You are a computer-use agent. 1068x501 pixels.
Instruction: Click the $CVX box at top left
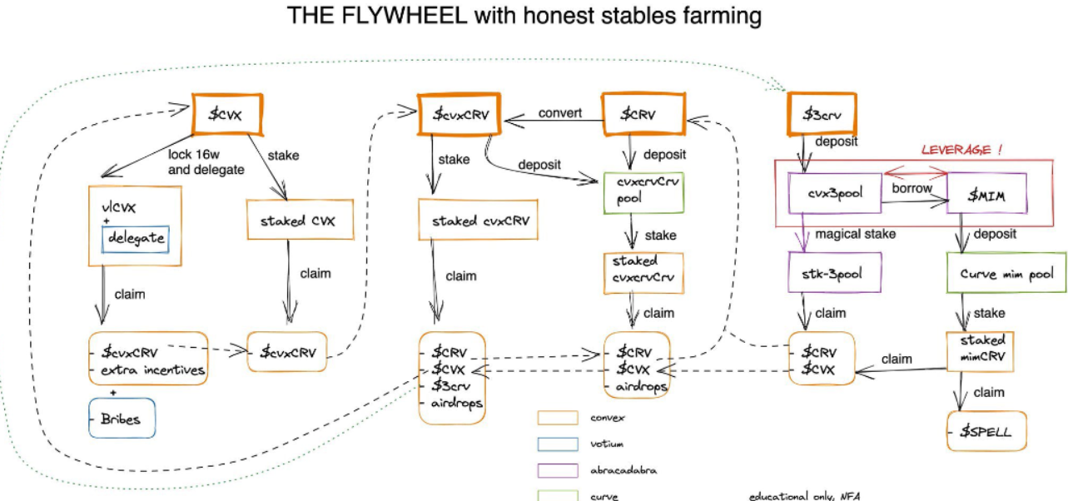(227, 114)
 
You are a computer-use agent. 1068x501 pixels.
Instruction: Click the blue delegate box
(136, 240)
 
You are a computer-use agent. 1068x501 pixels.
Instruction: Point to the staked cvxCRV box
(478, 221)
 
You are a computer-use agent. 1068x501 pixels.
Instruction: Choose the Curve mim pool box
(1006, 274)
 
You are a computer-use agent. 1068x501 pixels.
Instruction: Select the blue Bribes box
(123, 419)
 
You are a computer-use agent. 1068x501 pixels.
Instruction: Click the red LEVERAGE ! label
(961, 150)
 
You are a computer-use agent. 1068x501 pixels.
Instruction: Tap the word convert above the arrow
(560, 113)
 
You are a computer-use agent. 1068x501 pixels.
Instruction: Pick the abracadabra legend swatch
(558, 469)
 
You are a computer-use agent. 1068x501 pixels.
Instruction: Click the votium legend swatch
(558, 444)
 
